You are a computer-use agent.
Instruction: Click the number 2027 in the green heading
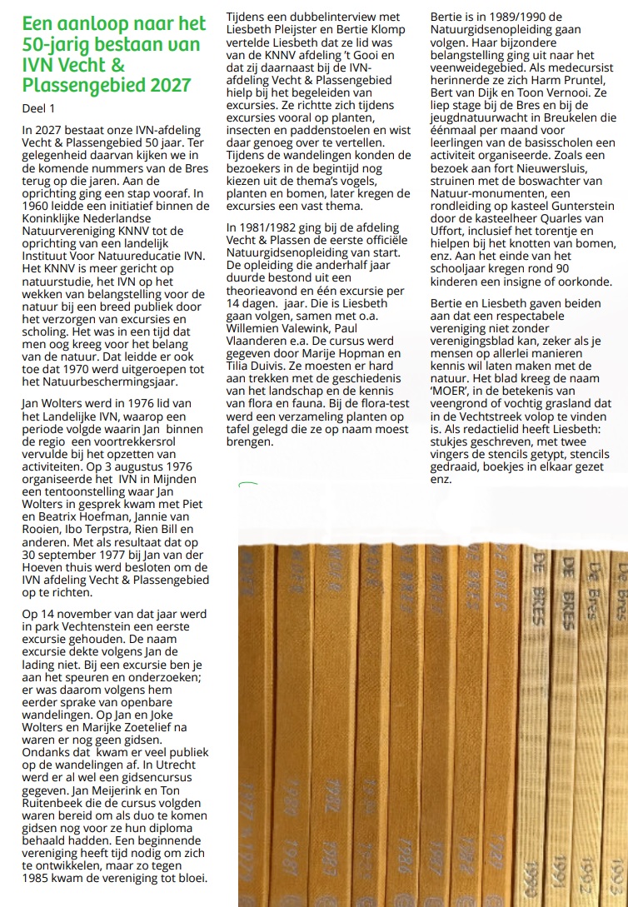pyautogui.click(x=163, y=84)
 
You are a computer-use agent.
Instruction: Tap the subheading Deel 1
pyautogui.click(x=40, y=108)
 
